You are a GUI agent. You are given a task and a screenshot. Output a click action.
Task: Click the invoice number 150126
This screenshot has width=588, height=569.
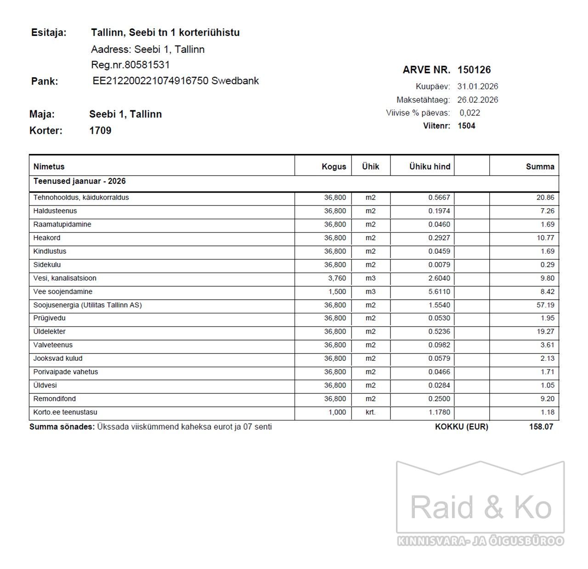point(474,70)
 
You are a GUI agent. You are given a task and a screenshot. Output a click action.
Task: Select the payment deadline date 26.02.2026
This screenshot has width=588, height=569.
point(477,100)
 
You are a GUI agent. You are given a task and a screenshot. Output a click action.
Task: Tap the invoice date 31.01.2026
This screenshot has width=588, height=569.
point(477,86)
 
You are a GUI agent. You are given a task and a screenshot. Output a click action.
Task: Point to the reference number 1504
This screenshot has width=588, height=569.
point(466,126)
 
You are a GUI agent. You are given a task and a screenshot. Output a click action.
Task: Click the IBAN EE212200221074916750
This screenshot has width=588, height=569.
point(151,81)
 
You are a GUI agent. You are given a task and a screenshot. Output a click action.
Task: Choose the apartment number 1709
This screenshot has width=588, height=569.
point(100,131)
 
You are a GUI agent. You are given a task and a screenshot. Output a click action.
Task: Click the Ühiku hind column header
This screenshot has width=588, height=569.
point(430,166)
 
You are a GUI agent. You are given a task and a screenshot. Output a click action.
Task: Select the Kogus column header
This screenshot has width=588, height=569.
point(334,166)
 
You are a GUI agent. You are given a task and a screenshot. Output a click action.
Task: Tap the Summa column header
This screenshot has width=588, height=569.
point(540,166)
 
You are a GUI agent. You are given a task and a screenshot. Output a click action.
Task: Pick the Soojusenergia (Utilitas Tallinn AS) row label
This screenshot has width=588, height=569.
point(87,305)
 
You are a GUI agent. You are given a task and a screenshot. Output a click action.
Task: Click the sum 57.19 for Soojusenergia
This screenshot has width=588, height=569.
point(545,305)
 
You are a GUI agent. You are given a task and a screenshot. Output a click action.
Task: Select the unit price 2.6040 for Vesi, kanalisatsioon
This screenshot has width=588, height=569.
point(439,278)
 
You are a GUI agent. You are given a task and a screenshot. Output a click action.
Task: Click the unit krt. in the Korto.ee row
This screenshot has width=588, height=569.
point(370,412)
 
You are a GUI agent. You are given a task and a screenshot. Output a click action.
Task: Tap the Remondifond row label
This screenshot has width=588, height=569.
point(54,399)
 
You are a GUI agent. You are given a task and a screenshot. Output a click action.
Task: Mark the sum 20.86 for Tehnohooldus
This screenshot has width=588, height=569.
point(545,198)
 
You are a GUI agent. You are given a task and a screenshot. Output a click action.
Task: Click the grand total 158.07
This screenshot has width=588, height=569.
point(541,427)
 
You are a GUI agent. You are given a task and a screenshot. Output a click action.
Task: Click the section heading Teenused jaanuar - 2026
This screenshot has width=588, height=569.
point(79,181)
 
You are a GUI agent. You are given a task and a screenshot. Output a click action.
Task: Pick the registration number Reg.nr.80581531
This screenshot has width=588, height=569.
point(130,65)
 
